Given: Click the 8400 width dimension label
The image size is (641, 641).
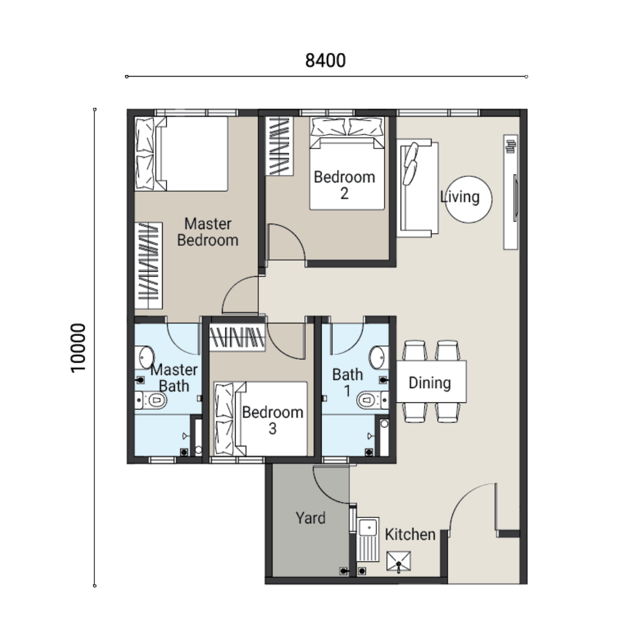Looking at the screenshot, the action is [x=325, y=61].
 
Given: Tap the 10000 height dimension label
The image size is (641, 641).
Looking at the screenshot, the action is [x=78, y=348].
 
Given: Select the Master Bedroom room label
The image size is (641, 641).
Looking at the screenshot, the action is [x=208, y=232].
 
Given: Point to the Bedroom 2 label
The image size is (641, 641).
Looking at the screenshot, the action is [x=344, y=185].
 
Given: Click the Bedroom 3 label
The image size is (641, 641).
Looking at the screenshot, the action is [x=272, y=420].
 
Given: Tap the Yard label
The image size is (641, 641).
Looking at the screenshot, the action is [x=310, y=518].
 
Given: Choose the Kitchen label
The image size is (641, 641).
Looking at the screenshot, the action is [x=410, y=534].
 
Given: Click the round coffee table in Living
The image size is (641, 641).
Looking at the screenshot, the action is [x=468, y=199].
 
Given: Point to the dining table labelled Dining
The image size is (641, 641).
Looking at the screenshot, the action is [x=431, y=382].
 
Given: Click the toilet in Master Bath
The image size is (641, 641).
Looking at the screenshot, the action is [x=152, y=400].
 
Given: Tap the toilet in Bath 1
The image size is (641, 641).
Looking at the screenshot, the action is [x=372, y=400].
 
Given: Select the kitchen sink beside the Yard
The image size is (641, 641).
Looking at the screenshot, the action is [x=368, y=540].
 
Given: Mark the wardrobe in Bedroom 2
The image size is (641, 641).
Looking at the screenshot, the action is [x=279, y=147].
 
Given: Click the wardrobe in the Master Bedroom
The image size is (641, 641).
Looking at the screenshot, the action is [x=148, y=266].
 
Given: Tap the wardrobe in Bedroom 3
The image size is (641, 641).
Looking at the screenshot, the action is [x=237, y=337].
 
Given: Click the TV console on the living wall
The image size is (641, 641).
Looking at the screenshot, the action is [x=510, y=192].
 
